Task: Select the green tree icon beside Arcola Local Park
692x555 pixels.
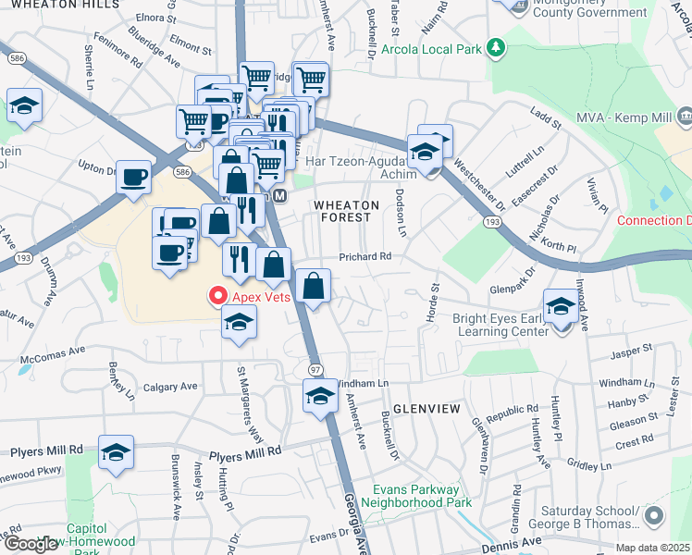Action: pos(497,46)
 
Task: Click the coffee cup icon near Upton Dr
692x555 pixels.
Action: pos(134,177)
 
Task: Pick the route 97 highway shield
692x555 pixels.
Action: pos(315,370)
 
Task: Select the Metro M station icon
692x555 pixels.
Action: pos(279,197)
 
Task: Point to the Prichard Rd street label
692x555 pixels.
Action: pos(365,256)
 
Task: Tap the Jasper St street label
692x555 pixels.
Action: pos(632,350)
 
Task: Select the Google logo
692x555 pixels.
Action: pos(31,544)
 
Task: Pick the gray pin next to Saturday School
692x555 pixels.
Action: pos(655,515)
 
